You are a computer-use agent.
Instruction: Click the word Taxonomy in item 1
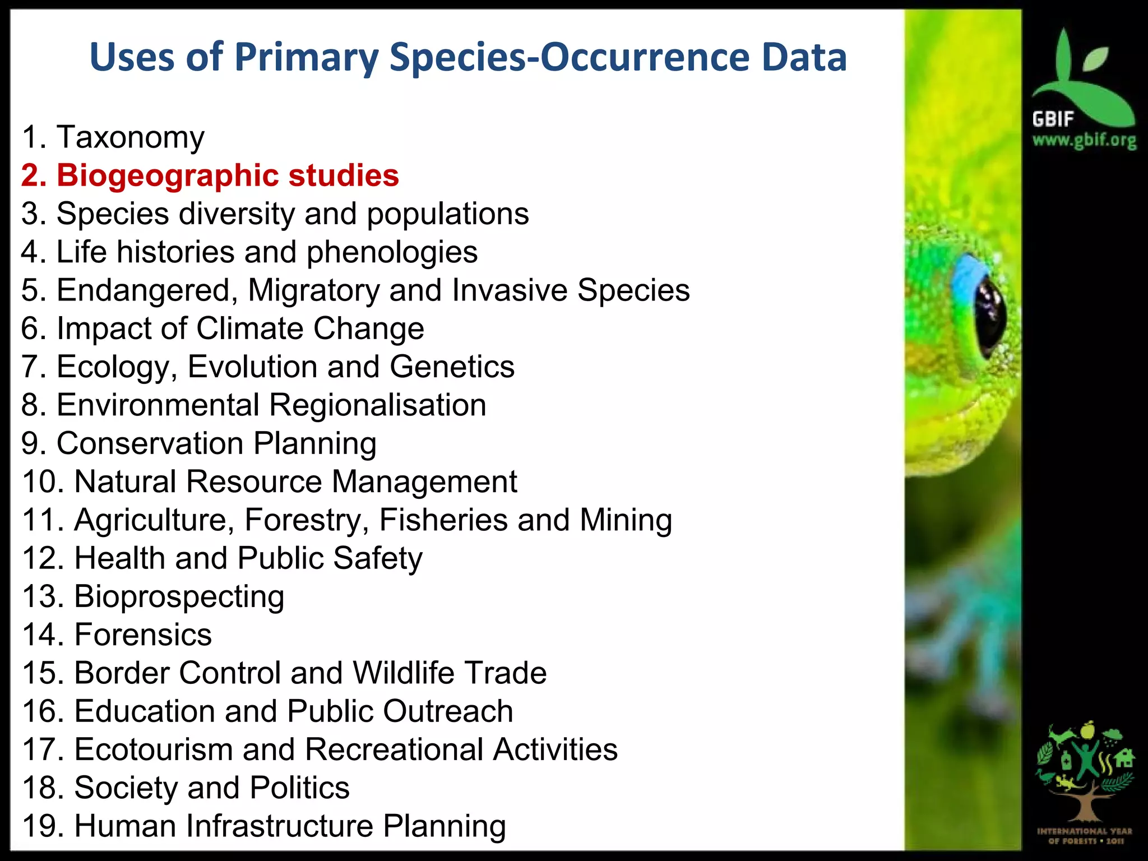click(x=131, y=138)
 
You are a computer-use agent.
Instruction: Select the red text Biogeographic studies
click(x=228, y=175)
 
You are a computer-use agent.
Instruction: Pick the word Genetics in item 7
click(x=452, y=367)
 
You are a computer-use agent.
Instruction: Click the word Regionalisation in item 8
click(x=377, y=405)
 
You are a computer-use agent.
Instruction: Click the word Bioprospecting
click(x=179, y=596)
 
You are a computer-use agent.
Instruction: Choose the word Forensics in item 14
click(x=143, y=635)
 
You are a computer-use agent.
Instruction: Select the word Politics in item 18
click(x=299, y=788)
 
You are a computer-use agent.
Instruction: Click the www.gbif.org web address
click(x=1084, y=140)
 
